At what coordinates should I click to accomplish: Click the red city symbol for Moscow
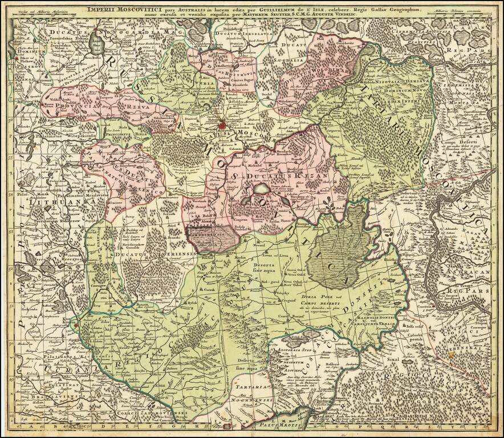click(224, 122)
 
